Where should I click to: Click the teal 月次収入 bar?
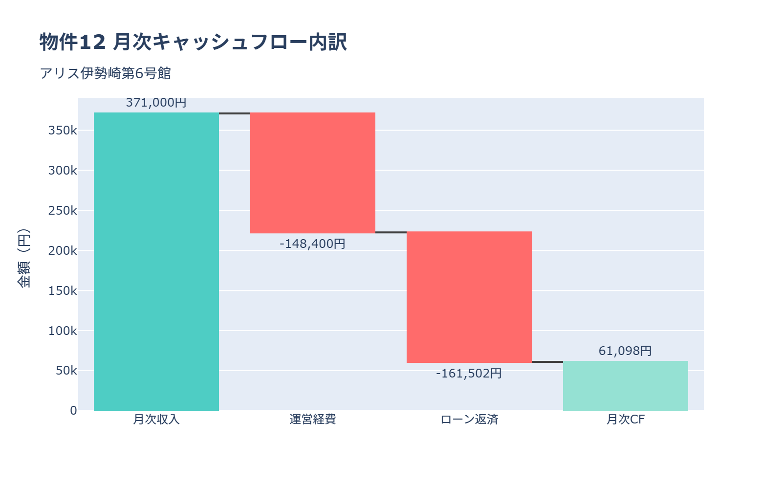click(156, 262)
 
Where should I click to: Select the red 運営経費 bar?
click(313, 173)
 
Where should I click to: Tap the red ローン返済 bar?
click(469, 297)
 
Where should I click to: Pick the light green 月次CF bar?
click(626, 386)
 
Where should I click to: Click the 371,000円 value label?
click(156, 103)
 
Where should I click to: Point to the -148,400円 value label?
click(313, 244)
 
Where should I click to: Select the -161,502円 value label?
click(469, 374)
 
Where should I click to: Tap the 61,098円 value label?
click(626, 351)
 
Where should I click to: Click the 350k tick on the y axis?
click(63, 131)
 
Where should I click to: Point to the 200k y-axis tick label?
click(63, 251)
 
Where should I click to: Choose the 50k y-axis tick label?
click(66, 371)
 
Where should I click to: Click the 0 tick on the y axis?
click(73, 411)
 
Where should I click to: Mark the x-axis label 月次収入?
click(156, 420)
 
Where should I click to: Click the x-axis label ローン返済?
click(469, 420)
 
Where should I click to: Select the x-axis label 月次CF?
click(626, 420)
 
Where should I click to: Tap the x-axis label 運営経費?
click(313, 420)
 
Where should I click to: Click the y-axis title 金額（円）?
click(23, 258)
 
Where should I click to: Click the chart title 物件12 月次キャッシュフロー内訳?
click(193, 42)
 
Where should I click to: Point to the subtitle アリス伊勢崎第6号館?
click(105, 73)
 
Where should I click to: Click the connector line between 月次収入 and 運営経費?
click(235, 113)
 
